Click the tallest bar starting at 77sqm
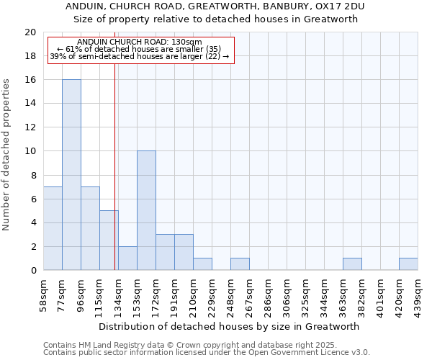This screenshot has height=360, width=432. [x=71, y=175]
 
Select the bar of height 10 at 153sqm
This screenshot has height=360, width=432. [x=146, y=210]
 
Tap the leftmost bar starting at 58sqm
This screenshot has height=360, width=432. [x=53, y=228]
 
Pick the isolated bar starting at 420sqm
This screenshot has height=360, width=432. [x=408, y=264]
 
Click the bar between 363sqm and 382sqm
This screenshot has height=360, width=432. [x=352, y=264]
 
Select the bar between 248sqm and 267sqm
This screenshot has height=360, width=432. [x=240, y=264]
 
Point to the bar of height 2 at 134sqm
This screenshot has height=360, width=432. [x=127, y=258]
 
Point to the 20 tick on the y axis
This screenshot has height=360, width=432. [x=30, y=32]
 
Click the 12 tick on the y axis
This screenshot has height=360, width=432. [x=30, y=127]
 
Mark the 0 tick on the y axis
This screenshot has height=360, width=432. [x=33, y=270]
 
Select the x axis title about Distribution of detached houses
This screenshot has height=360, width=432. [x=230, y=326]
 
